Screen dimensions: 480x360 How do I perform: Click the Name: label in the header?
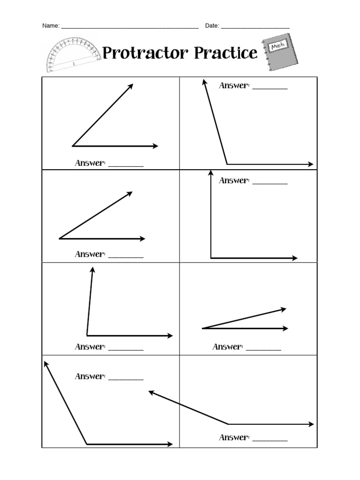[51, 26]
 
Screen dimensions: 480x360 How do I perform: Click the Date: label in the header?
[212, 26]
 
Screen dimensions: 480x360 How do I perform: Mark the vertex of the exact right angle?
[211, 258]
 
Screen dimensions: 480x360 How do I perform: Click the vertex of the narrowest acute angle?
[202, 329]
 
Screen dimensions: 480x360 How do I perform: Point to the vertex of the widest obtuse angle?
[228, 424]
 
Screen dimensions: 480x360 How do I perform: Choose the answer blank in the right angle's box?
[270, 183]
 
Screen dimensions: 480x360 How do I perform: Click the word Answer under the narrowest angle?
[227, 347]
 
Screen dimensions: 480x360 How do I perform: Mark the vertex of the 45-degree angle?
[73, 146]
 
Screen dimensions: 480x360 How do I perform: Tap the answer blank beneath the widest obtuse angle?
[270, 440]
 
